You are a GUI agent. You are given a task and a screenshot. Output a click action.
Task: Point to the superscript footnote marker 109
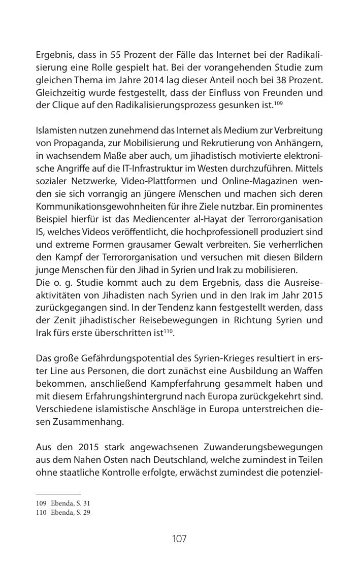click(x=278, y=103)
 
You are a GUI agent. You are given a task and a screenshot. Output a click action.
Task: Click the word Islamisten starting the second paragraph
click(x=54, y=131)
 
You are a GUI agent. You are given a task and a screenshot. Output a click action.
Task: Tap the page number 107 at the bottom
click(x=179, y=539)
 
